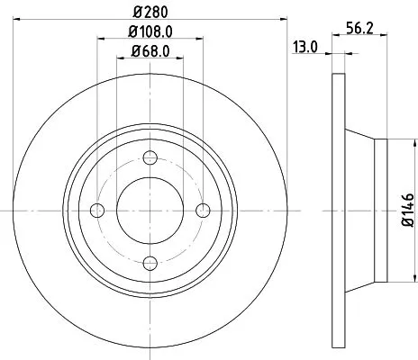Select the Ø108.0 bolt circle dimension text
tap(148, 34)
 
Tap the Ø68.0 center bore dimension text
tap(148, 50)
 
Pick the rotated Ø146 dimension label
tap(405, 209)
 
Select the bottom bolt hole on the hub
tap(150, 262)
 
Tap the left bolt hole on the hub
tap(97, 210)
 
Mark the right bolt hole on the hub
tap(202, 210)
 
